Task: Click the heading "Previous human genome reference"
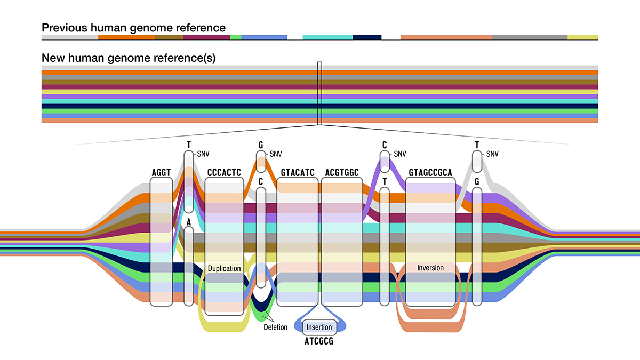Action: coord(133,28)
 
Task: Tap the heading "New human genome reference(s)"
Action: coord(128,58)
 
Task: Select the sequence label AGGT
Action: coord(161,172)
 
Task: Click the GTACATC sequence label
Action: coord(298,172)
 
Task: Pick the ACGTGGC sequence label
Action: coord(341,172)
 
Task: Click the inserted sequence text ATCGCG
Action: coord(319,341)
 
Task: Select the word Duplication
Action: coord(224,268)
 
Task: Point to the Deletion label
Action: coord(276,327)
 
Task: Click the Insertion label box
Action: coord(319,327)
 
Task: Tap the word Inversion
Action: coord(430,268)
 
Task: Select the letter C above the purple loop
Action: coord(384,145)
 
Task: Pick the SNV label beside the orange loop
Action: coord(275,154)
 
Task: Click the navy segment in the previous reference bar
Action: coord(367,37)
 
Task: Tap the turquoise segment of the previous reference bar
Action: coord(327,37)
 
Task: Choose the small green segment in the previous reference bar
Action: coord(236,37)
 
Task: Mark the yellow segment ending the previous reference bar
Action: coord(582,37)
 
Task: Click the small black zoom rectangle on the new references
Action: coord(319,93)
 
